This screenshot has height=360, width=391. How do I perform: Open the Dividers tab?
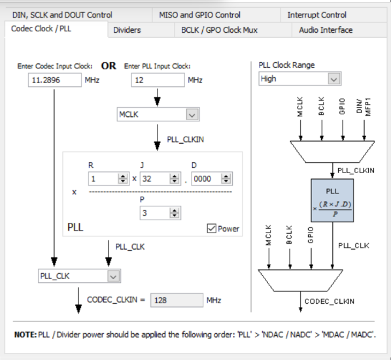(x=127, y=30)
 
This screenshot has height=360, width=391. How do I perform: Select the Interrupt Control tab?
(x=316, y=15)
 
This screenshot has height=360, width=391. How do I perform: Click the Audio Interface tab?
(x=326, y=30)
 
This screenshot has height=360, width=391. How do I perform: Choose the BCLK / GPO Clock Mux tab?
(x=219, y=30)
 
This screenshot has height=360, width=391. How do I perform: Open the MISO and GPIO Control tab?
(x=199, y=15)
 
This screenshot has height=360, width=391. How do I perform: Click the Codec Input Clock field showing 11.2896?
(x=55, y=80)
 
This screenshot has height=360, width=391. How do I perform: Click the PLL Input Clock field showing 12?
(x=158, y=80)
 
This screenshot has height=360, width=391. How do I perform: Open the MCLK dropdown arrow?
(x=192, y=115)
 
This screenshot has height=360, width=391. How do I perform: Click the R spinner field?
(x=103, y=178)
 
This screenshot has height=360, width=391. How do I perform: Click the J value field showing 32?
(x=155, y=178)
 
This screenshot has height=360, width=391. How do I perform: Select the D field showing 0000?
(x=207, y=178)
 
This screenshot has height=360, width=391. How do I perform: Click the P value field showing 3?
(x=155, y=213)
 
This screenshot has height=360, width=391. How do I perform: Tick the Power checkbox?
(x=211, y=229)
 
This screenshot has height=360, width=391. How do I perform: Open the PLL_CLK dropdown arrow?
(x=114, y=276)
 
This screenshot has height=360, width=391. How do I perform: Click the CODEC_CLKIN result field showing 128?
(x=177, y=300)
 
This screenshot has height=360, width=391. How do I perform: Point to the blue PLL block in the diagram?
(x=332, y=201)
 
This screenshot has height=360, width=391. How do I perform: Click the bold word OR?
(x=109, y=66)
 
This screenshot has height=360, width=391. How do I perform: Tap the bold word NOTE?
(x=25, y=335)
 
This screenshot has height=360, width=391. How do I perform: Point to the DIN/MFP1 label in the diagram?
(x=364, y=107)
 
